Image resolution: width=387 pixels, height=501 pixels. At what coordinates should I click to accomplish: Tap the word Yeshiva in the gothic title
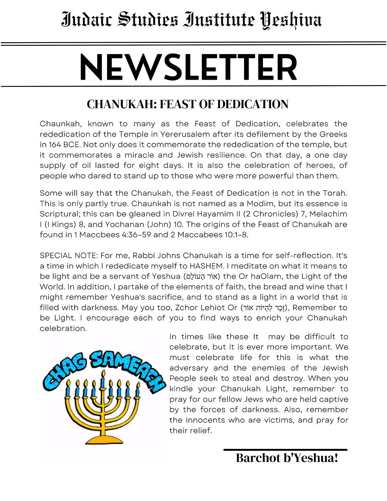coord(291,20)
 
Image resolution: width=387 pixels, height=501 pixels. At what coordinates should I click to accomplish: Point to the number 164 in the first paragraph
coord(55,144)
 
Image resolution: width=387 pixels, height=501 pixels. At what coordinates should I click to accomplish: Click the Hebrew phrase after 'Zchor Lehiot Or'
coord(264,308)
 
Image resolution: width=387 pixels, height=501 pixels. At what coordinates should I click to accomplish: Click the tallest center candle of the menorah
coord(103,380)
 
